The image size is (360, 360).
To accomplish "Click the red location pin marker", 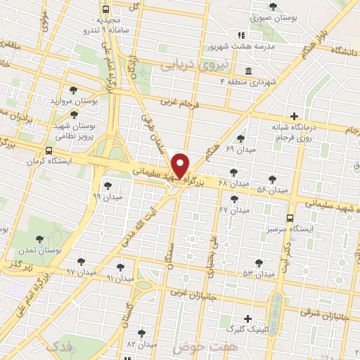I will coord(181,165).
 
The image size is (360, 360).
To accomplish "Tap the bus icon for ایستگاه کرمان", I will coord(49,150).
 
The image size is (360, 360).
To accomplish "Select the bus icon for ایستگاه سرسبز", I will coord(290,218).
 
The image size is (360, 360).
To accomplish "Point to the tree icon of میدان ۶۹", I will coord(241,139).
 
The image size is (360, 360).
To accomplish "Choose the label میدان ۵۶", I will coord(272,190).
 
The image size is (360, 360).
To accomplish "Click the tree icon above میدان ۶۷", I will coord(234,199).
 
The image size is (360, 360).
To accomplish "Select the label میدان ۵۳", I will coord(258,273).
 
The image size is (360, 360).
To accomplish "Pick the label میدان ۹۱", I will coord(120,278).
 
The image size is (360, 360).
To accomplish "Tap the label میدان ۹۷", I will coord(80,271).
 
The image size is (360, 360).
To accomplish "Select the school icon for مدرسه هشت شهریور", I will coord(241,34).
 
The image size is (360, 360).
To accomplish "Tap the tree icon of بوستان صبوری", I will coord(273,6).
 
